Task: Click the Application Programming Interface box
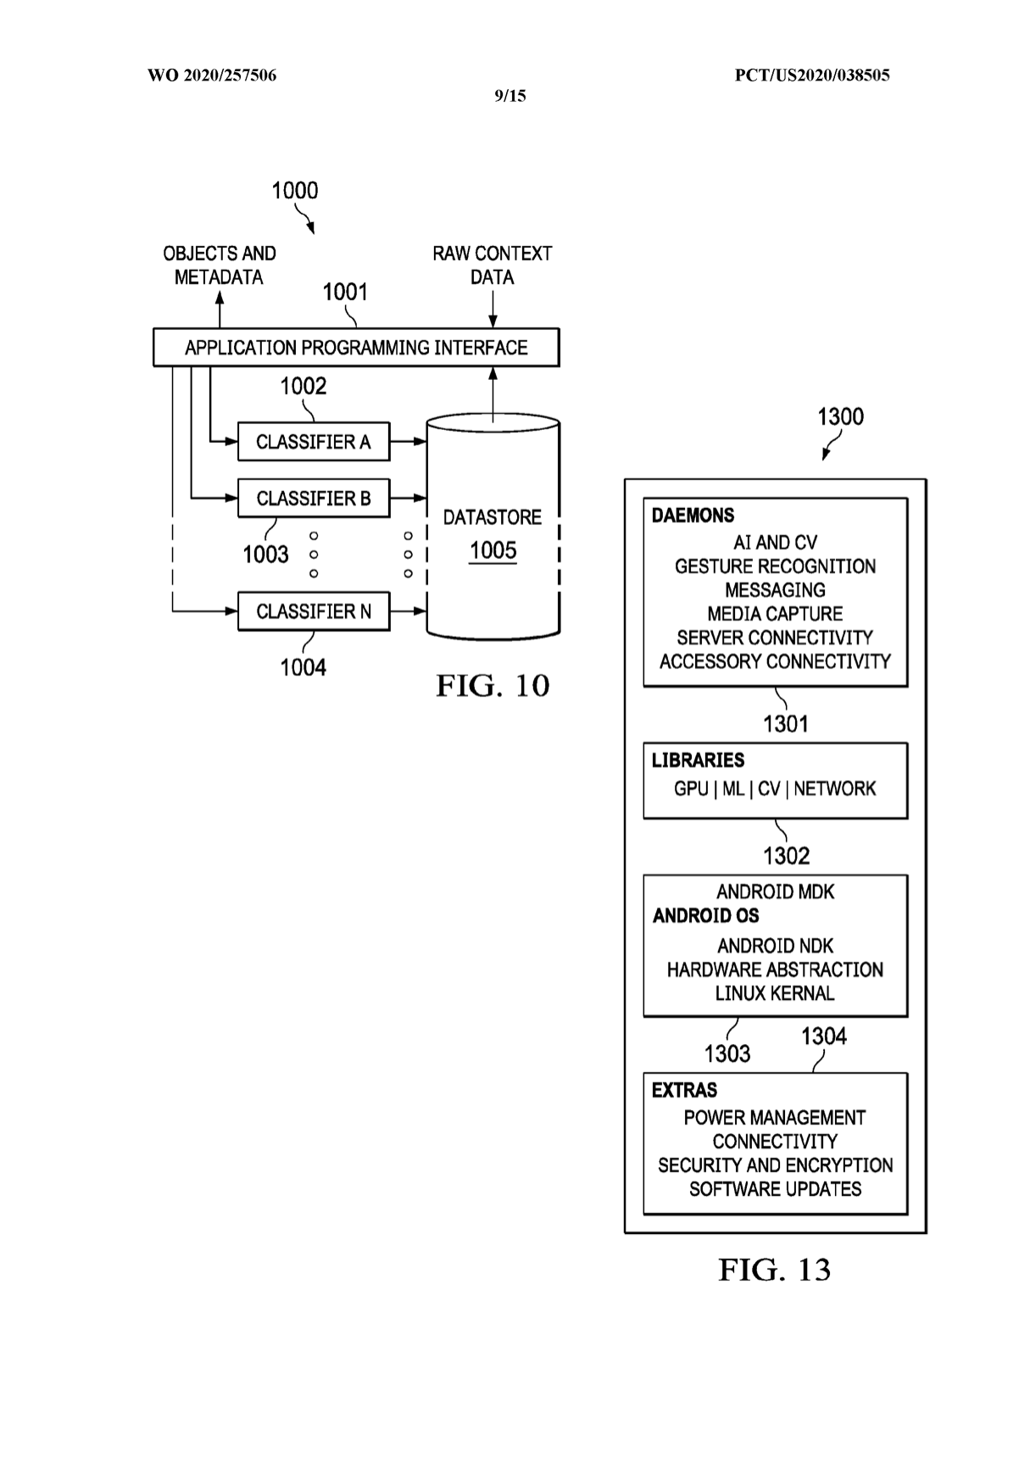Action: pos(356,348)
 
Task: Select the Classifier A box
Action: pos(314,442)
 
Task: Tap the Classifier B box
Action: pos(314,498)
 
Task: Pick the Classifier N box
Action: pos(314,611)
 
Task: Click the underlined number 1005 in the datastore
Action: pos(493,551)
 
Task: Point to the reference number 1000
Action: pos(294,191)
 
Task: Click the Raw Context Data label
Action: pos(492,265)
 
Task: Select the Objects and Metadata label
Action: pos(219,265)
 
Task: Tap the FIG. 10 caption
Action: pos(493,685)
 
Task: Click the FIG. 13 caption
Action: pos(774,1270)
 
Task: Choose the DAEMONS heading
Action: pos(693,516)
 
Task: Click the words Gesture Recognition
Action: pos(775,567)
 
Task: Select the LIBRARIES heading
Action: pos(698,761)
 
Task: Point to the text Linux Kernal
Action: pos(775,993)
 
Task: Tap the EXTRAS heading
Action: pos(684,1091)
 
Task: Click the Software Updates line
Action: pos(775,1189)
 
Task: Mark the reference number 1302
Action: pos(786,856)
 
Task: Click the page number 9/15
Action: pos(510,96)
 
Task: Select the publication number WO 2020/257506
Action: pos(212,75)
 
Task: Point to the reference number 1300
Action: pos(840,417)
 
